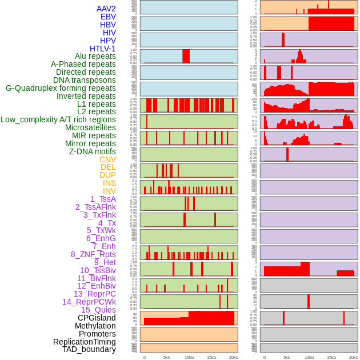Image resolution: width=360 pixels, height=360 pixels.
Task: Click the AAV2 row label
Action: pos(106,9)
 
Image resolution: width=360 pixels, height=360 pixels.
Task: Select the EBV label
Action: pos(108,17)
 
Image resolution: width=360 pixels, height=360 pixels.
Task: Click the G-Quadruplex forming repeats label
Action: pos(61,88)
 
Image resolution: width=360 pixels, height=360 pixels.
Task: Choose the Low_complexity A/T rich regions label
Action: pos(58,119)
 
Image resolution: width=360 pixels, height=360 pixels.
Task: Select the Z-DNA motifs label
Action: pos(92,151)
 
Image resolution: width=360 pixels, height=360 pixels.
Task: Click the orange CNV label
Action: pos(107,159)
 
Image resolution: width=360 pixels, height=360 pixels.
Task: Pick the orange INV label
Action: pos(109,191)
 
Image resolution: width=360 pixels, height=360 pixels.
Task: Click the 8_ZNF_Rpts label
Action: pos(93,254)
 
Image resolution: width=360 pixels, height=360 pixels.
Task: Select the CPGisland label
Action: pos(97,318)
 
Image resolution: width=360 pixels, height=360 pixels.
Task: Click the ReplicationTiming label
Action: pos(84,342)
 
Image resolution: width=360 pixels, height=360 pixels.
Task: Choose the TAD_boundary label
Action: pos(89,349)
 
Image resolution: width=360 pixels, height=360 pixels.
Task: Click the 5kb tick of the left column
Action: pos(167,357)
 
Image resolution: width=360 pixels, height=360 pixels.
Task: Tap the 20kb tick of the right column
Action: pos(354,357)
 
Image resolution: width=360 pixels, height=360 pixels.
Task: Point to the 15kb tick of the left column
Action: pos(211,357)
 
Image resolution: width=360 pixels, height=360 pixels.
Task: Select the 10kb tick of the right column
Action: pos(309,357)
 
